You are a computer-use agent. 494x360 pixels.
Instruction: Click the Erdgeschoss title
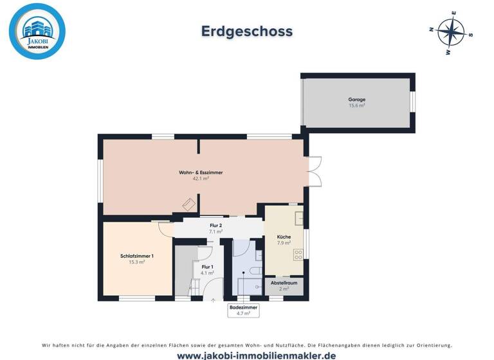click(247, 31)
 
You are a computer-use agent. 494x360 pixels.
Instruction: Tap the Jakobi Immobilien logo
click(37, 31)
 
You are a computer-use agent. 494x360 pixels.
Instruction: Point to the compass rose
click(450, 32)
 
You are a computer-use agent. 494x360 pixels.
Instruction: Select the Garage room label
click(357, 100)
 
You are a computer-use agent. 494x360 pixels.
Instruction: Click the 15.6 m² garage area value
click(357, 105)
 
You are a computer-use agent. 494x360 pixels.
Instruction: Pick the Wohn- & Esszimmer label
click(201, 173)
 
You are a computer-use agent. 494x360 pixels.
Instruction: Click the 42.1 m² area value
click(201, 179)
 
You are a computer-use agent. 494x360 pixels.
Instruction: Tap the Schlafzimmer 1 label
click(136, 256)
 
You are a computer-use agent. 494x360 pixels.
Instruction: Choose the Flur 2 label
click(216, 226)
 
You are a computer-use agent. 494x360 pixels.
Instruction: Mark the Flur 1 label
click(207, 266)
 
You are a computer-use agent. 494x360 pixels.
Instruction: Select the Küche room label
click(284, 237)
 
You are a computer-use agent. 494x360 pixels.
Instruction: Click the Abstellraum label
click(284, 283)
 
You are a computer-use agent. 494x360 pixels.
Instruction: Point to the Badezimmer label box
click(243, 310)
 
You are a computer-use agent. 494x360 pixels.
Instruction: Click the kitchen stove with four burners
click(298, 255)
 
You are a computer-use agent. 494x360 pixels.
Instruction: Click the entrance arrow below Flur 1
click(214, 300)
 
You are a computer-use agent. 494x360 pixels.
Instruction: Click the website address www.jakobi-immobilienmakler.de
click(247, 355)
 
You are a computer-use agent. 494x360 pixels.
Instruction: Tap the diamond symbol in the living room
click(188, 204)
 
